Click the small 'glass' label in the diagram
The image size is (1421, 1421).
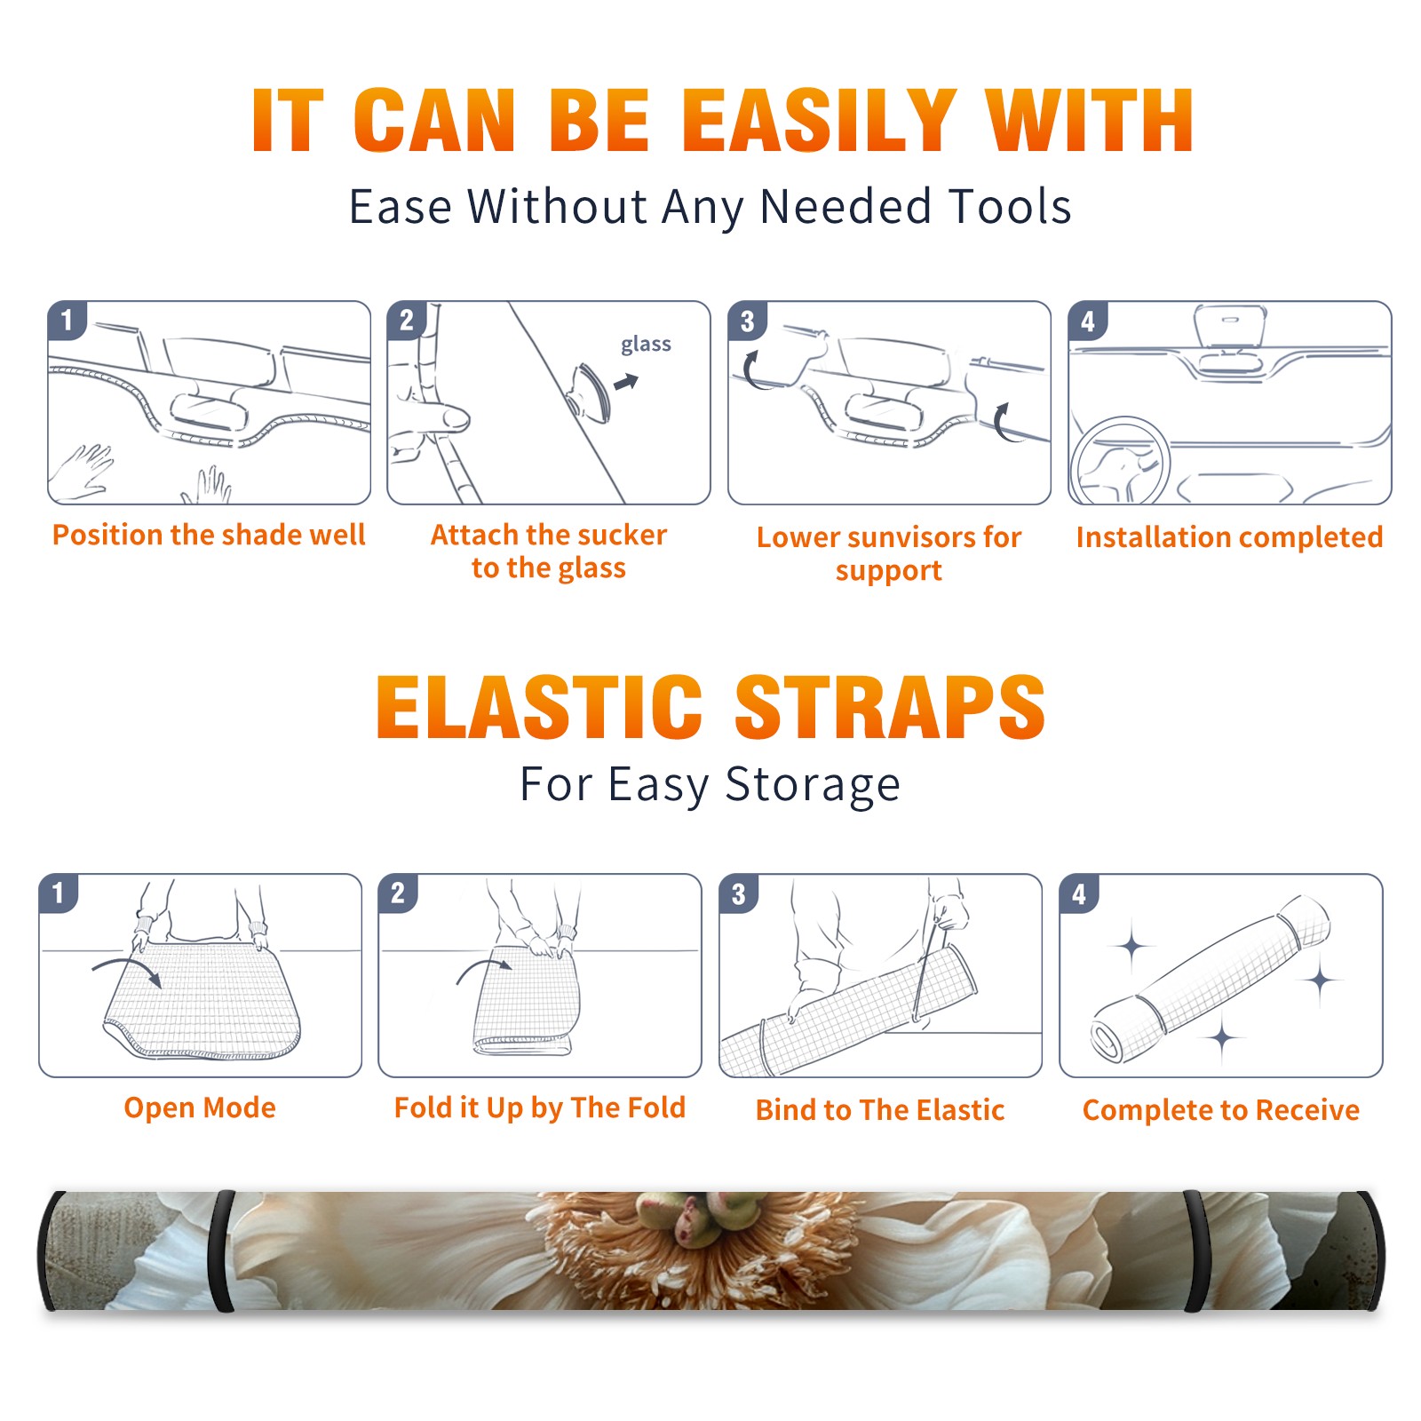pyautogui.click(x=646, y=345)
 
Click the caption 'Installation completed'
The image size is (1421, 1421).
pyautogui.click(x=1229, y=537)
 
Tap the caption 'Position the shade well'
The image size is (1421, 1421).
pyautogui.click(x=209, y=535)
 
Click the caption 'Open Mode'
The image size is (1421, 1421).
pyautogui.click(x=200, y=1107)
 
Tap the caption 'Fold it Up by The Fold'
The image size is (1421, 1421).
pyautogui.click(x=540, y=1108)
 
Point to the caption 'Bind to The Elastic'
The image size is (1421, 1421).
pyautogui.click(x=880, y=1110)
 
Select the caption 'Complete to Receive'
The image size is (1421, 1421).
pyautogui.click(x=1221, y=1110)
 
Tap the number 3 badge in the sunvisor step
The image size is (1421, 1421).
pyautogui.click(x=747, y=322)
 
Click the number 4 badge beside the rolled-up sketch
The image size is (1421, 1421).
pyautogui.click(x=1079, y=893)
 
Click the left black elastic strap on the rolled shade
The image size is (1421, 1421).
pyautogui.click(x=221, y=1251)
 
